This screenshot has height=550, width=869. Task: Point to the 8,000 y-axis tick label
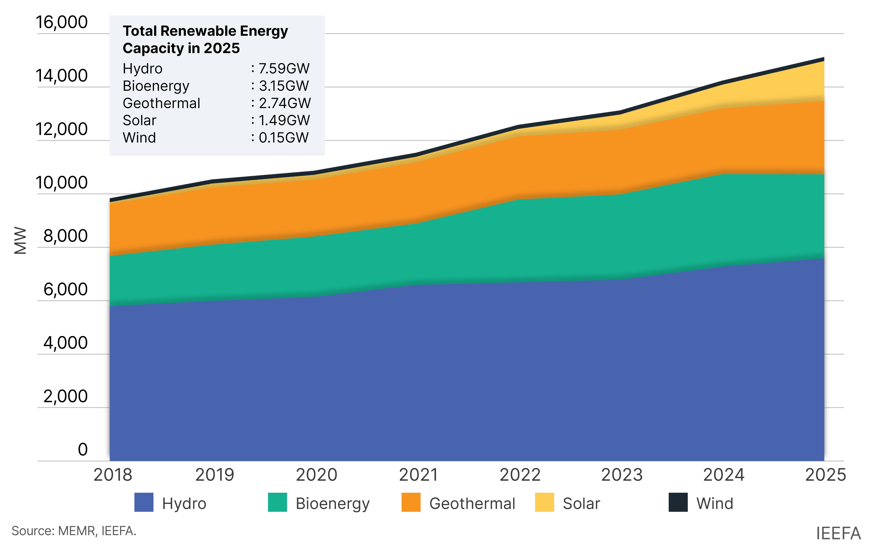[x=65, y=236]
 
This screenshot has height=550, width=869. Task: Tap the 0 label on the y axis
[x=83, y=449]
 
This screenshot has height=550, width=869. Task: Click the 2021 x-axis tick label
[x=418, y=475]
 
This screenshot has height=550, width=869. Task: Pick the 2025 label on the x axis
[x=825, y=475]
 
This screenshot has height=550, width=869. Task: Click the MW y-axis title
[x=20, y=240]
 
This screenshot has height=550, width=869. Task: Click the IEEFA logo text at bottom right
[x=838, y=533]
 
